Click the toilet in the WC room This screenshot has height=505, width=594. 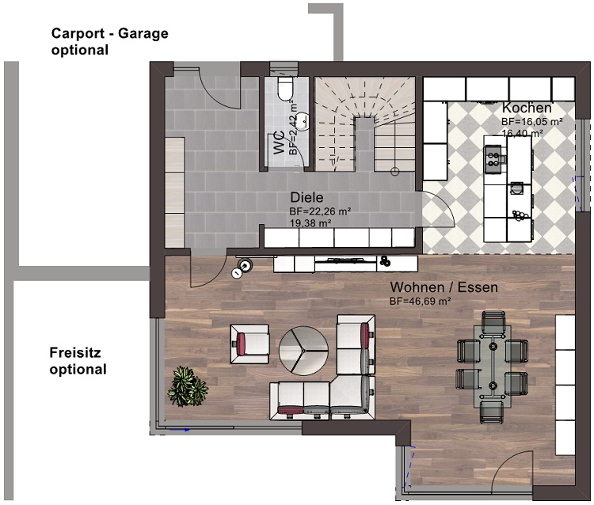click(x=286, y=89)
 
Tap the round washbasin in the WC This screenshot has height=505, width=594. click(x=303, y=121)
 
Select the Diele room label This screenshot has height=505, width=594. click(x=307, y=197)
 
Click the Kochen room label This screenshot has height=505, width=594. click(x=527, y=108)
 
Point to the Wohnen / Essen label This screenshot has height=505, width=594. click(x=444, y=287)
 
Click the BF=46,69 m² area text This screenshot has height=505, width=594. click(x=420, y=302)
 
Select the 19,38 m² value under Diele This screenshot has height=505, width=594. click(x=310, y=223)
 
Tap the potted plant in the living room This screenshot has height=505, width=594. click(x=188, y=386)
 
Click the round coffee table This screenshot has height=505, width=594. click(x=304, y=351)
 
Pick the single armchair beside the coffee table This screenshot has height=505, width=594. click(x=249, y=344)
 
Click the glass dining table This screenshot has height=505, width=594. click(x=492, y=366)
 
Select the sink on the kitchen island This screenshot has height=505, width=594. click(x=516, y=188)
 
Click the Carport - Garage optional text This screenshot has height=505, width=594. click(x=110, y=42)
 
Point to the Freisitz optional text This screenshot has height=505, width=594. click(x=78, y=361)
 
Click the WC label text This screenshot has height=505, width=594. click(x=280, y=142)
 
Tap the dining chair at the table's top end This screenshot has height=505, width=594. click(x=493, y=322)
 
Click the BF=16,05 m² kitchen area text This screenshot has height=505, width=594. click(x=532, y=122)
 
